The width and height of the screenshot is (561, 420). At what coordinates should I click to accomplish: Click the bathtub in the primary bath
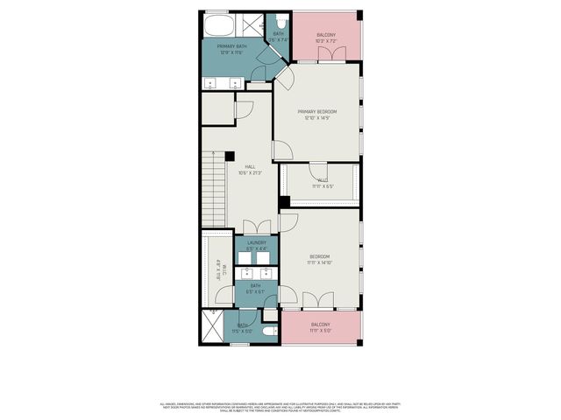click(x=217, y=24)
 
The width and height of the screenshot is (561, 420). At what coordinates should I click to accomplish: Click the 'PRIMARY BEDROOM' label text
click(x=316, y=112)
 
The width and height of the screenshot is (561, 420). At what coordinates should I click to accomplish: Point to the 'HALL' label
click(x=250, y=166)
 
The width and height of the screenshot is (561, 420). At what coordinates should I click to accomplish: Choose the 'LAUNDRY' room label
click(x=256, y=242)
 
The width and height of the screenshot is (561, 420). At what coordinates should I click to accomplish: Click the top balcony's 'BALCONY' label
click(x=325, y=36)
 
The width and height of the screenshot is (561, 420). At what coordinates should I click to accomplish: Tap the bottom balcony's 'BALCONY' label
click(x=320, y=325)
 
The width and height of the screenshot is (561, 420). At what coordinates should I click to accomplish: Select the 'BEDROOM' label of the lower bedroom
click(x=318, y=255)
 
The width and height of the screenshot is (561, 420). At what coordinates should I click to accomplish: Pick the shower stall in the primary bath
click(x=250, y=24)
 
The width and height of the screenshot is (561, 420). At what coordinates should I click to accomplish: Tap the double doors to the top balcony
click(x=326, y=56)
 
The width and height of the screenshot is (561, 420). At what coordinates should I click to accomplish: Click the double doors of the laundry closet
click(x=255, y=227)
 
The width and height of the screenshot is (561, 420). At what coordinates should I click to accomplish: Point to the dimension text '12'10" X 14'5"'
click(x=316, y=119)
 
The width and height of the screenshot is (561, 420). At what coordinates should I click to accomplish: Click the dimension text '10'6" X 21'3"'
click(x=250, y=172)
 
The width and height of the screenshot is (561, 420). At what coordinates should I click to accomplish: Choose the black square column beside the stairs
click(x=230, y=157)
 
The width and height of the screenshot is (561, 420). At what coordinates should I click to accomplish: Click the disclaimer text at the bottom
click(x=280, y=407)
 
